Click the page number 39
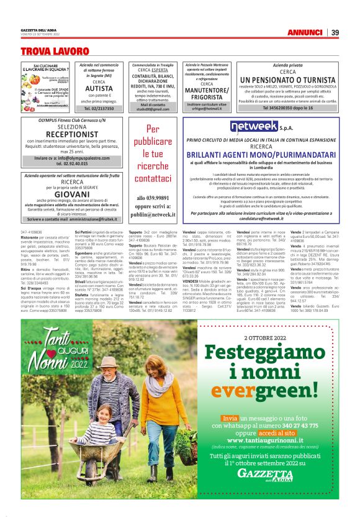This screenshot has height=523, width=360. tap(335, 32)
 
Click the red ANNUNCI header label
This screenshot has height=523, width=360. tap(304, 32)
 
